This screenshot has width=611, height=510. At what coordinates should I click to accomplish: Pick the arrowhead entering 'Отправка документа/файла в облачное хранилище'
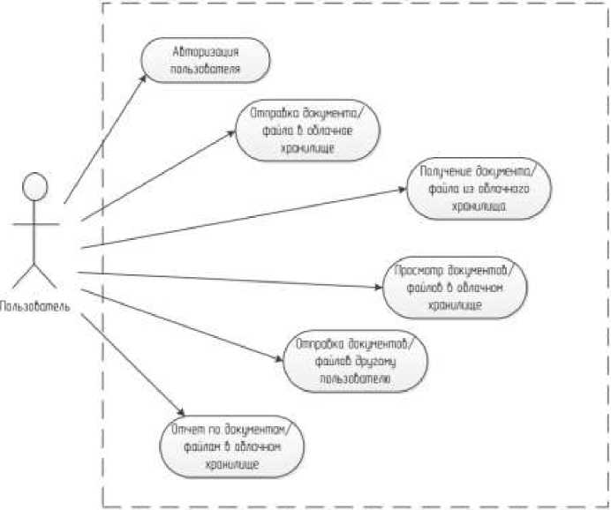[234, 132]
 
